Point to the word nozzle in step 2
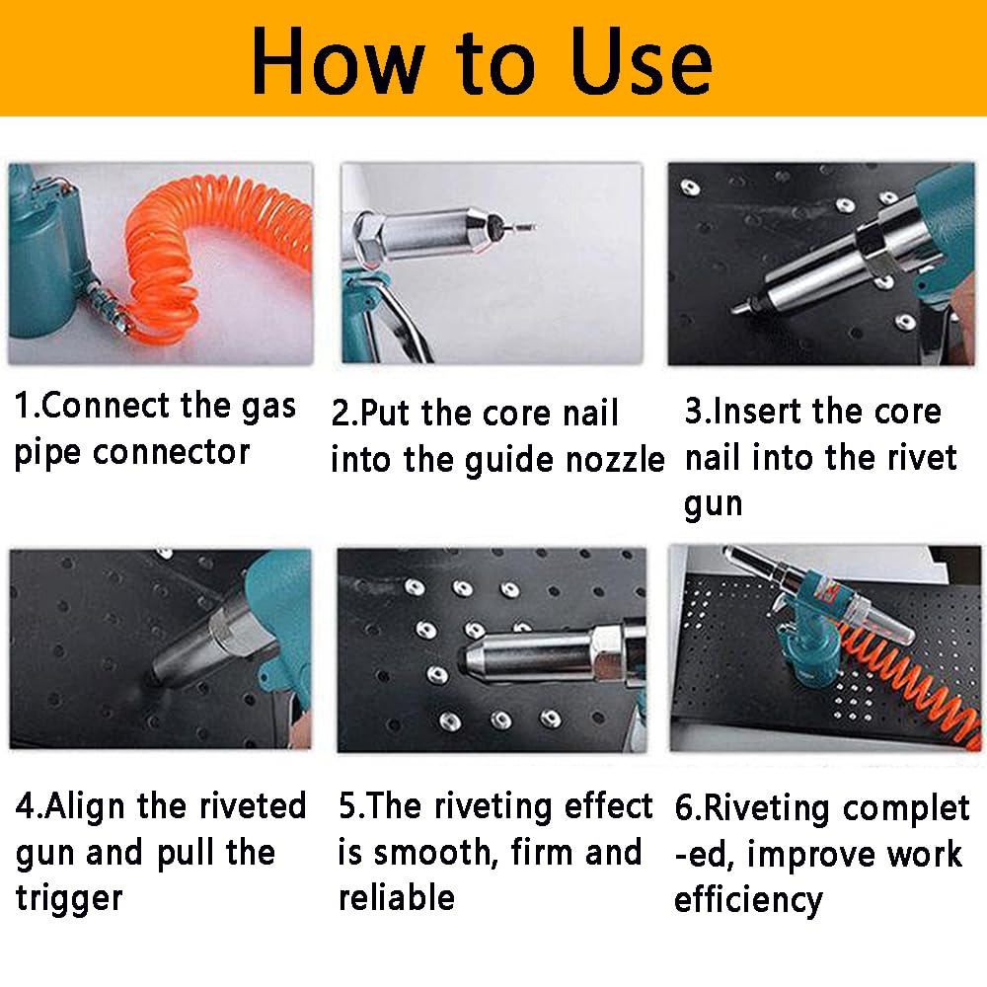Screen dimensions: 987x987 pos(614,460)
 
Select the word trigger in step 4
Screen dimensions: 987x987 pos(69,898)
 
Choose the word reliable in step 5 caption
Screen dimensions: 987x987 pos(397,897)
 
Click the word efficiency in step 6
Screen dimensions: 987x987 pos(748,899)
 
